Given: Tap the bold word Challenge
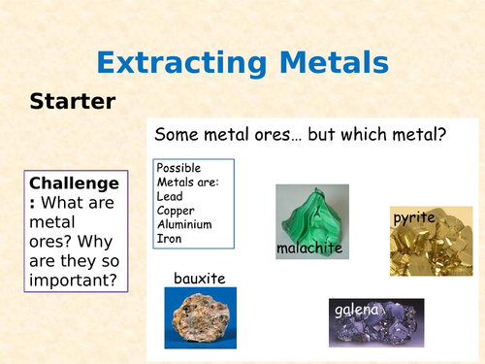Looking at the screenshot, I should pos(74,183).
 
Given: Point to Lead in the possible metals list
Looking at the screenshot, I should pos(169,195).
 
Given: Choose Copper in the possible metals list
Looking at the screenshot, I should pos(177,210).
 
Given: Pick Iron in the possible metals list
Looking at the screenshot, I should pos(168,239).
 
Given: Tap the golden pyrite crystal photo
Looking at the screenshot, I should pos(423,243).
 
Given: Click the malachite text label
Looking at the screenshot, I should pos(309,249).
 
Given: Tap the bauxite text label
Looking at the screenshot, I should pos(199,279).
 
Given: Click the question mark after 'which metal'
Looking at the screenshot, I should pos(441,135).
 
